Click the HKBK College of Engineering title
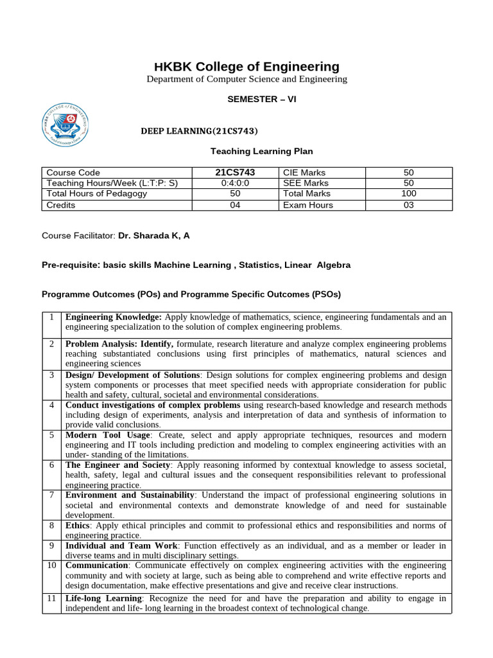246,66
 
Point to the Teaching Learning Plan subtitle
262,151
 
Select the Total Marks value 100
408,193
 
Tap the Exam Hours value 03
408,205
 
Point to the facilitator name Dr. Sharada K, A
153,236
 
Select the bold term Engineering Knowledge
114,317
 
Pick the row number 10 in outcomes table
51,565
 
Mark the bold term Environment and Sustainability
130,495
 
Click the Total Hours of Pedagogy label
97,193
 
